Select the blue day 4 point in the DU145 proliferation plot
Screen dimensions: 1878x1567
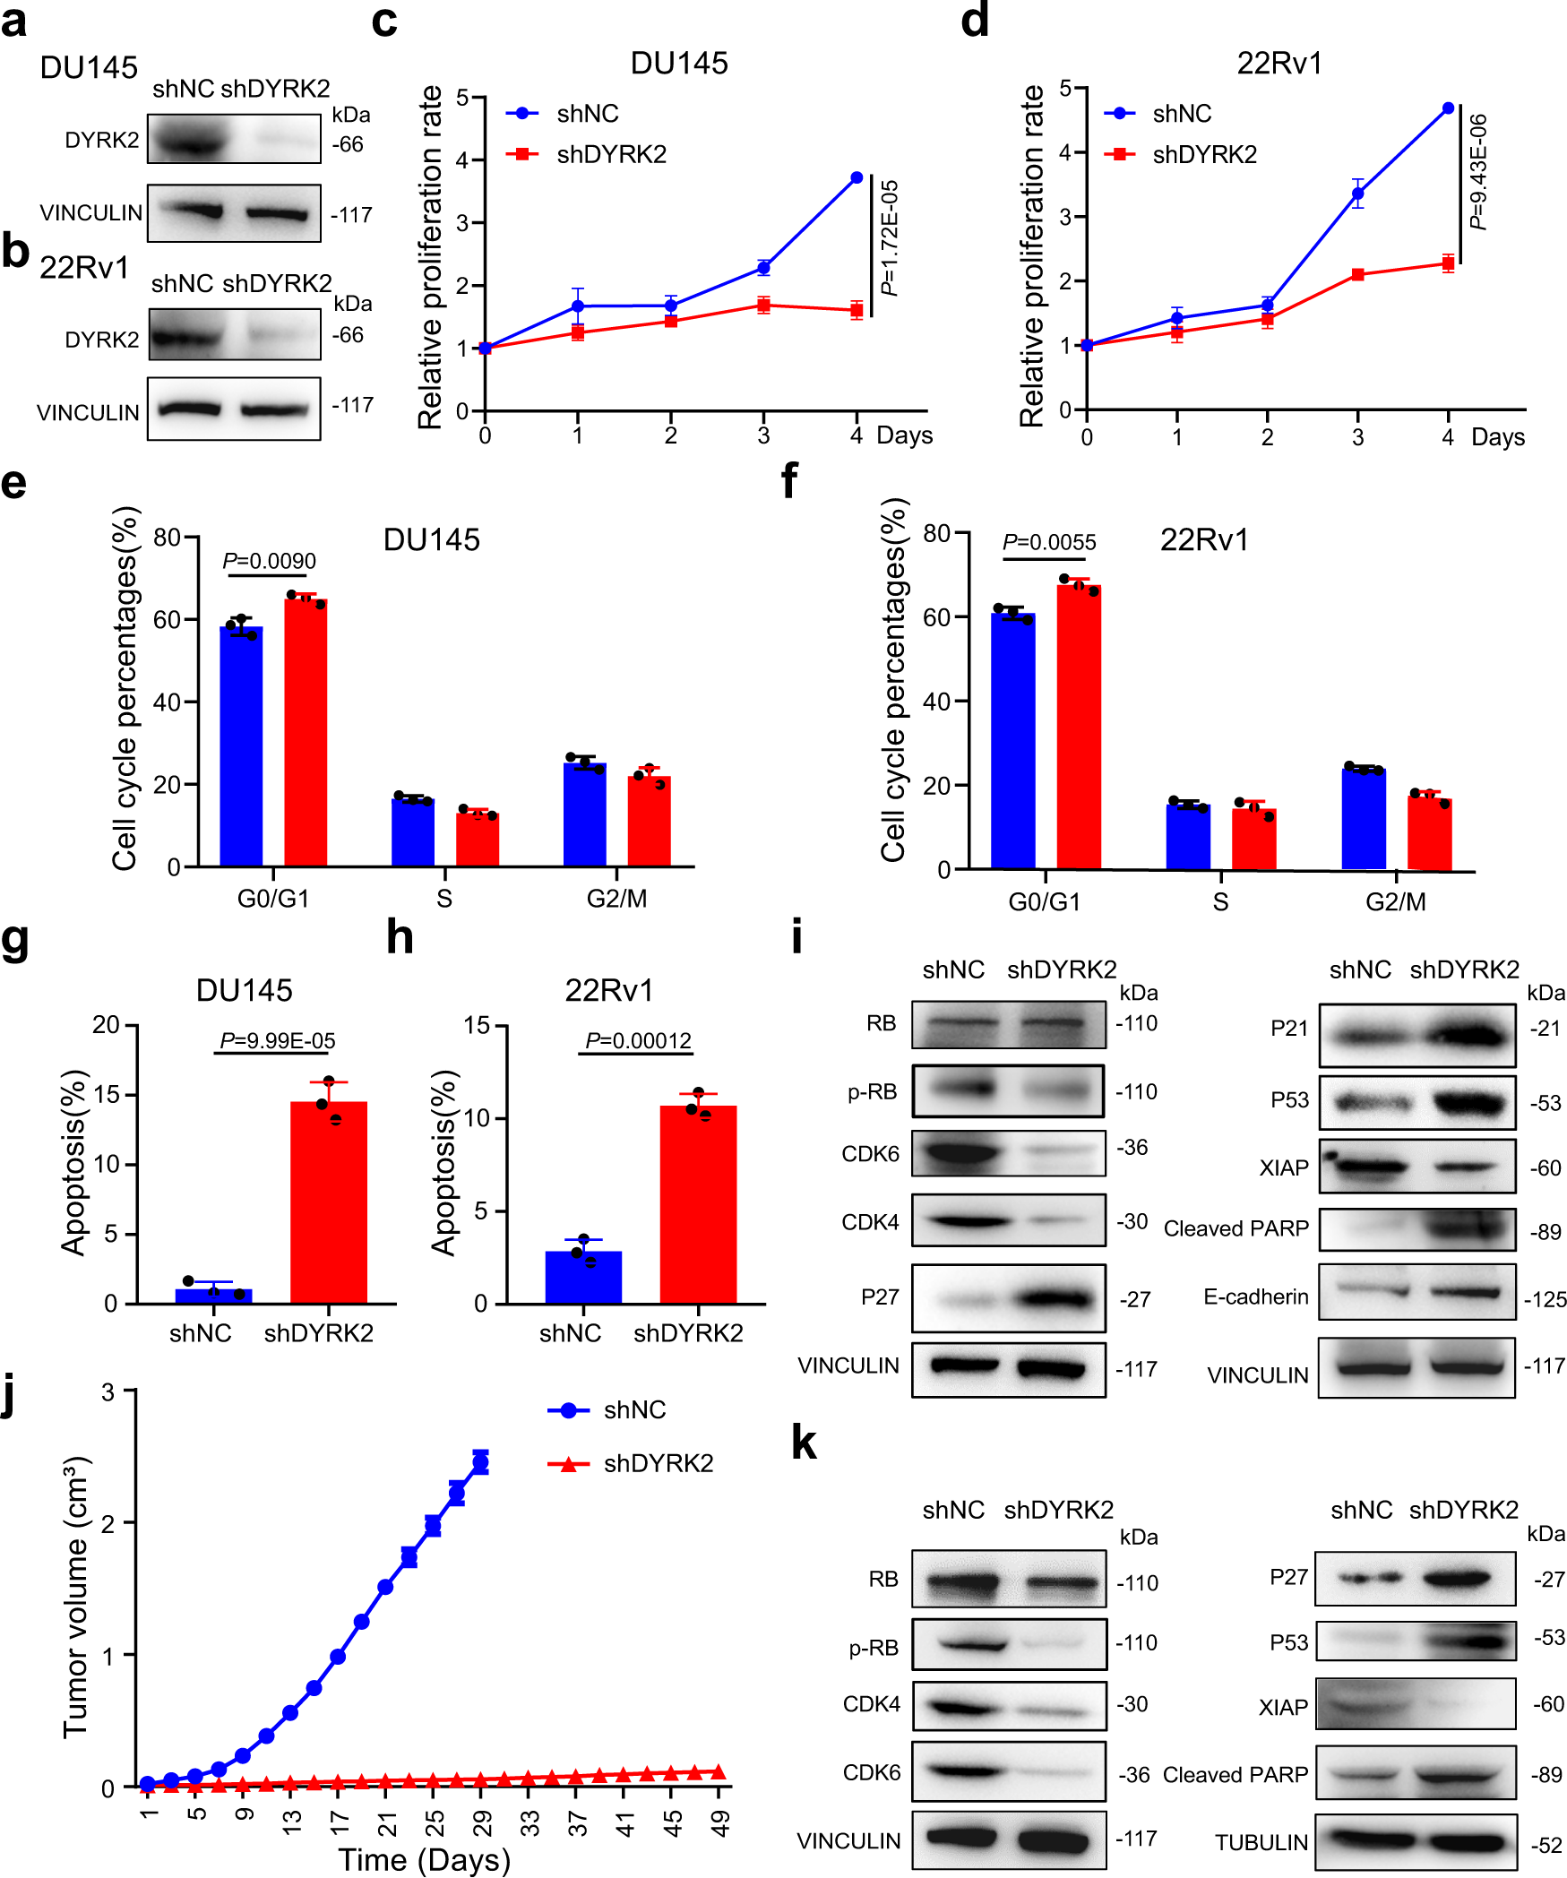point(857,178)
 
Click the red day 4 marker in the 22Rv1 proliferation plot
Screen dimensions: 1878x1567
point(1448,263)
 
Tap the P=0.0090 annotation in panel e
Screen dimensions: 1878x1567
point(269,561)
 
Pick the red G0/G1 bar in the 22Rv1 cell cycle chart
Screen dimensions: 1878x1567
point(1079,726)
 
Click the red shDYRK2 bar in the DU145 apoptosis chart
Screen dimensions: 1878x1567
point(329,1201)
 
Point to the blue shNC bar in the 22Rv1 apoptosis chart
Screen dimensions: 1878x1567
point(583,1276)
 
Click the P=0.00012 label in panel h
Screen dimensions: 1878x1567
point(638,1040)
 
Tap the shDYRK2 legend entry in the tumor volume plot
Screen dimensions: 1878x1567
point(658,1463)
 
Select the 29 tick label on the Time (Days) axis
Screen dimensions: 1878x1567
point(483,1822)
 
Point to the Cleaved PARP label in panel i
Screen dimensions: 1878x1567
point(1236,1228)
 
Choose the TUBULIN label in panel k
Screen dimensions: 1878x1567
point(1261,1842)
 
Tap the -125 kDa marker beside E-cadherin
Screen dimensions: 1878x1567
point(1545,1299)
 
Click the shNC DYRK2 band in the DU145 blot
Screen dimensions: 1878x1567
point(190,140)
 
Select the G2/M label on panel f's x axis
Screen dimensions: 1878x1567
point(1395,901)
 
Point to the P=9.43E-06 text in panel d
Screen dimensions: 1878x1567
point(1478,172)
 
